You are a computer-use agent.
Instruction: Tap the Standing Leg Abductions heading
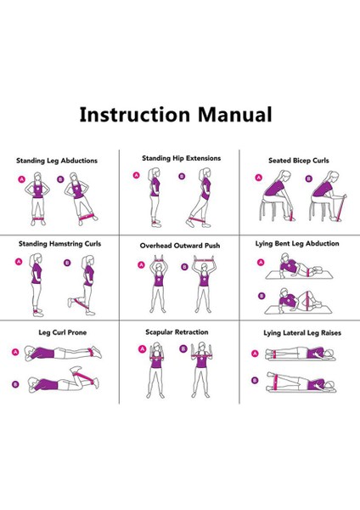(57, 160)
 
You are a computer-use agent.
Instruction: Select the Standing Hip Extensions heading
(181, 158)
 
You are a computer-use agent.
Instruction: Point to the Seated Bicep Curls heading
(299, 160)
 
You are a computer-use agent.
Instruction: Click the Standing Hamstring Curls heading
(59, 244)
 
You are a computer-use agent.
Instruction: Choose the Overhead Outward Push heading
(181, 246)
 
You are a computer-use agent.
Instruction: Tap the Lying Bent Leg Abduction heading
(297, 244)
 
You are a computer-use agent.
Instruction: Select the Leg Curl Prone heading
(59, 332)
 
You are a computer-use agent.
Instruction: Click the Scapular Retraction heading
(177, 332)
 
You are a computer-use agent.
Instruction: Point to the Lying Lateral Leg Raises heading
(301, 332)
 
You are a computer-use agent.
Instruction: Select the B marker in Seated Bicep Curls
(309, 178)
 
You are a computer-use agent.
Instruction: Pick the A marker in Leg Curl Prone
(15, 352)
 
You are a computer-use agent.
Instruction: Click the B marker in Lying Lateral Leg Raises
(255, 379)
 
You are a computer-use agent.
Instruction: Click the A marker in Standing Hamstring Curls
(17, 263)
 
